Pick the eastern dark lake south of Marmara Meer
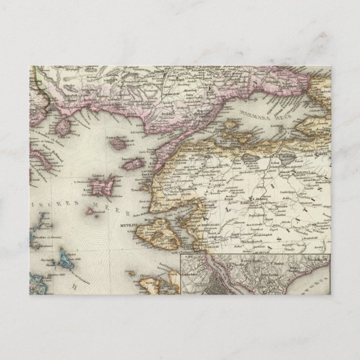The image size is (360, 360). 286,158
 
